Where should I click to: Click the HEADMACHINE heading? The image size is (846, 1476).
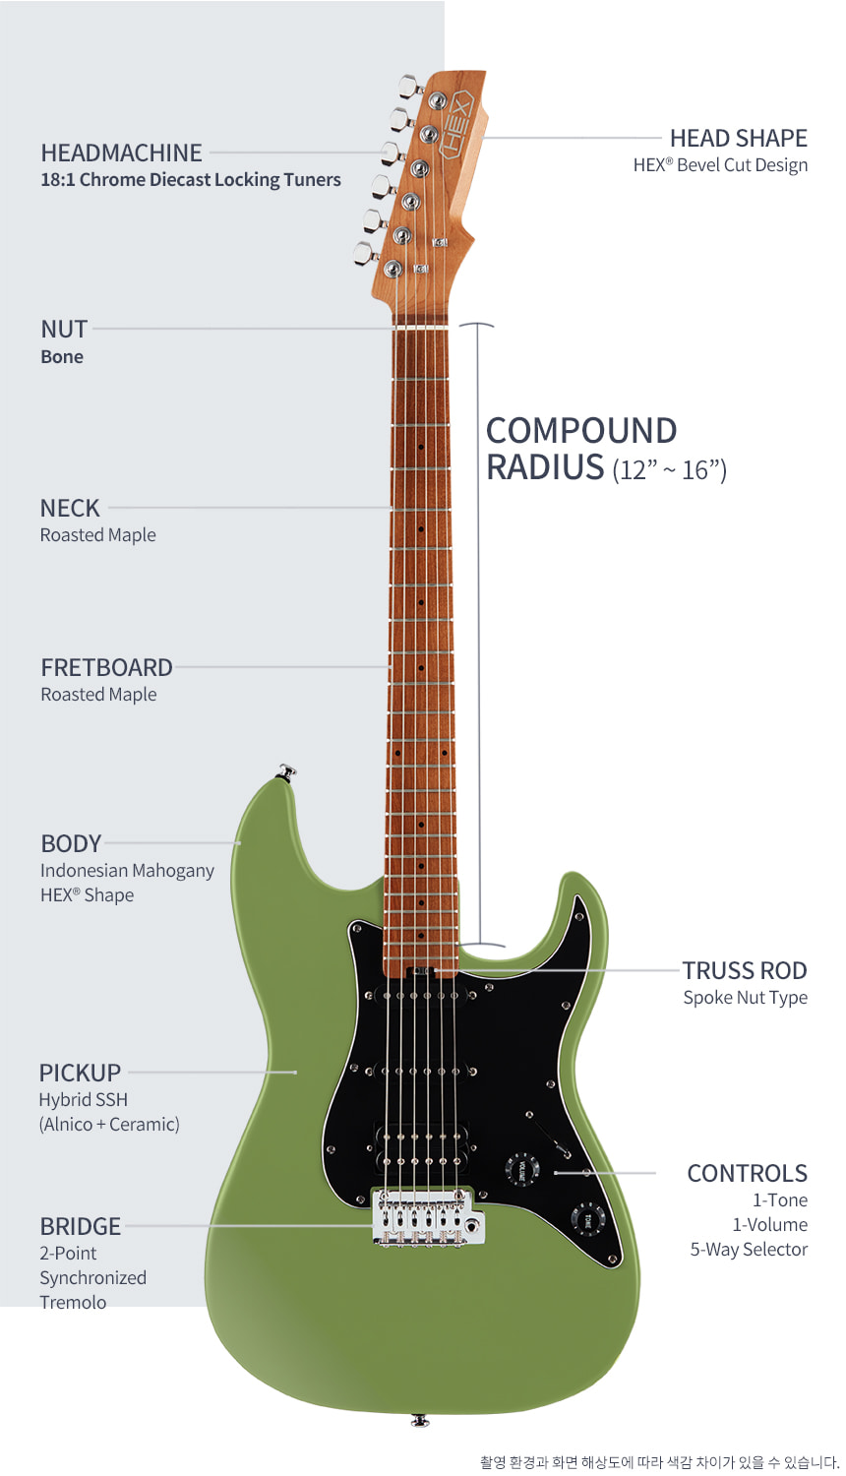coord(121,153)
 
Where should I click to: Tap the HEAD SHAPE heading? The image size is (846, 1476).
coord(738,139)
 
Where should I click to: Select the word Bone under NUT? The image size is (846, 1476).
coord(62,356)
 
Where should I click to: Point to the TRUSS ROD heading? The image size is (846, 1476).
coord(745,970)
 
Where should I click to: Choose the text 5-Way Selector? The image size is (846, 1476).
coord(749,1250)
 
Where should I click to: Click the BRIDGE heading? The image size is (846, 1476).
coord(81,1226)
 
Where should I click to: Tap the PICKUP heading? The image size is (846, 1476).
coord(80,1073)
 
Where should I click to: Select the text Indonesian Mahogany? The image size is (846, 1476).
coord(127,871)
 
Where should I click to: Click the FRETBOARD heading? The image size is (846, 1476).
coord(107,667)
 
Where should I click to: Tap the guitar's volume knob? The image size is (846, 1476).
coord(521,1170)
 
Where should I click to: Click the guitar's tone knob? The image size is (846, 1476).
coord(587,1219)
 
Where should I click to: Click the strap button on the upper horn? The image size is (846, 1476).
coord(286,771)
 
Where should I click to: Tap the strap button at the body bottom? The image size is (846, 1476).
coord(419,1421)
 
